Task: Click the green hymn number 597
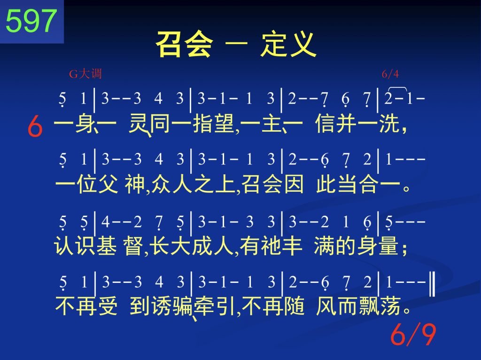(x=31, y=21)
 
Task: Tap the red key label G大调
(x=85, y=74)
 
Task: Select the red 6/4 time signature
(x=390, y=74)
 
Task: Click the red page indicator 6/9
(x=413, y=334)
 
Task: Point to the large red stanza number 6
(x=35, y=127)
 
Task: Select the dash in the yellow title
(x=237, y=44)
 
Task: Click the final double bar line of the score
(x=432, y=285)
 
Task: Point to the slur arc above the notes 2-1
(x=397, y=88)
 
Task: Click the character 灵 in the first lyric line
(x=140, y=124)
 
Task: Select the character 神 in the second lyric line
(x=134, y=184)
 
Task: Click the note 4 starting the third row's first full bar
(x=105, y=221)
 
